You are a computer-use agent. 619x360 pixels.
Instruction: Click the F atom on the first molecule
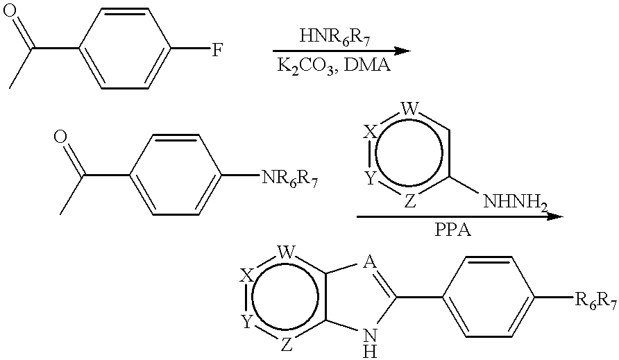coord(216,51)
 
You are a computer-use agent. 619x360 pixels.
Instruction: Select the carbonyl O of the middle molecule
coord(60,137)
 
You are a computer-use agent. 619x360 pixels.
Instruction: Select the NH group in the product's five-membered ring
coord(370,341)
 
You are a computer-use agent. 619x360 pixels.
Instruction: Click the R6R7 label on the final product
coord(593,300)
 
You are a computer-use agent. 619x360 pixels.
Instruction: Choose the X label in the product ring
coord(246,275)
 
